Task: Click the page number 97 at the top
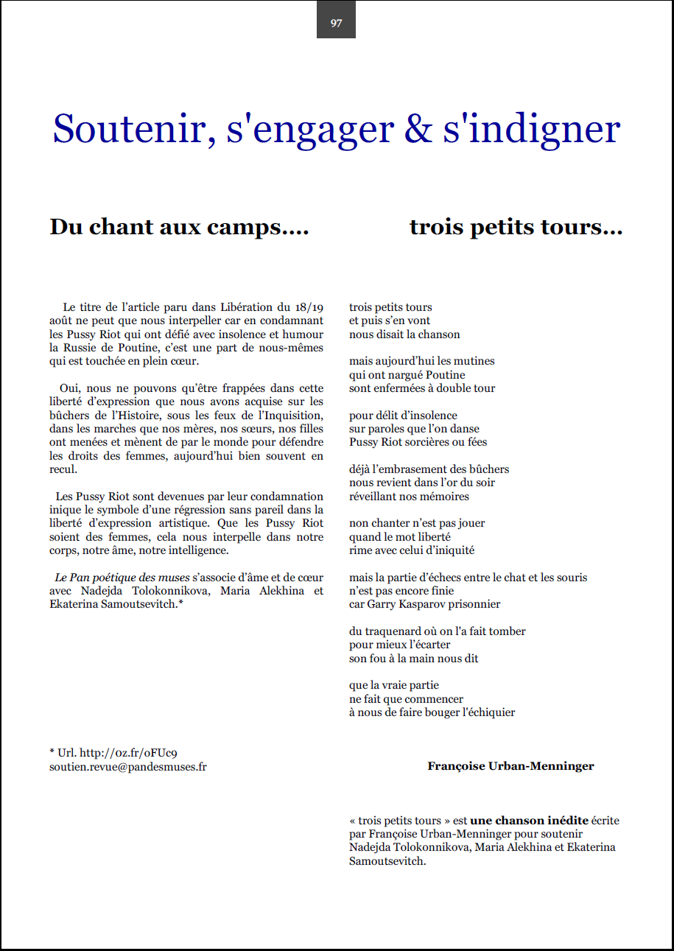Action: coord(336,23)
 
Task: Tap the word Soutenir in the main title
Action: coord(127,128)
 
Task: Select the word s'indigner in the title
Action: coord(532,128)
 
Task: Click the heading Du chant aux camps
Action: coord(178,227)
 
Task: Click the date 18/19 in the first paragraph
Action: coord(307,307)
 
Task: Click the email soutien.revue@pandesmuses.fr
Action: coord(128,766)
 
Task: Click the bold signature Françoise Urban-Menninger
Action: coord(510,766)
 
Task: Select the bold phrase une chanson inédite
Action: coord(530,820)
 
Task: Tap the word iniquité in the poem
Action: coord(452,550)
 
